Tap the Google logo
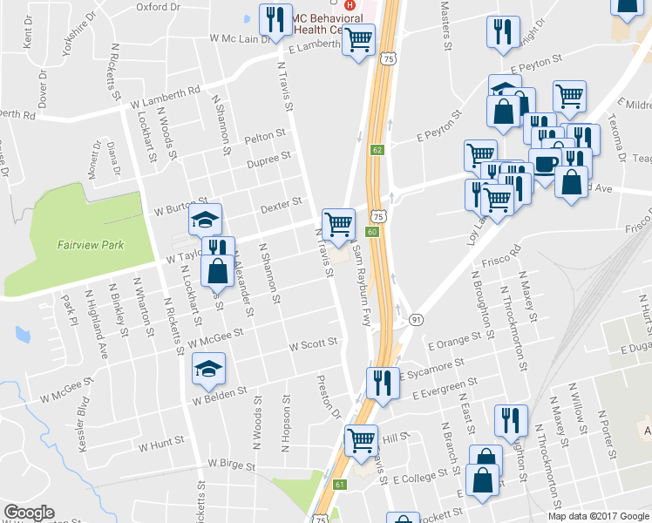pos(29,513)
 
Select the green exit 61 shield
pos(340,484)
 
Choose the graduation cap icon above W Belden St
pos(208,369)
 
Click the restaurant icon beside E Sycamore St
pos(382,383)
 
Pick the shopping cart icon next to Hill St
pos(361,440)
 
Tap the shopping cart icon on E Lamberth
pos(357,39)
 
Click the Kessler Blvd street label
pos(82,423)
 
